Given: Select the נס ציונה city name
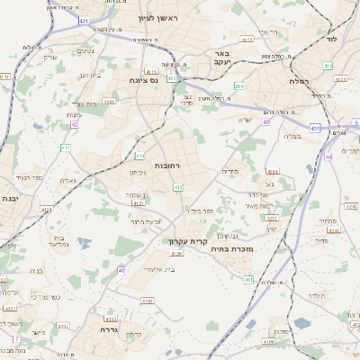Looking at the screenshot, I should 143,79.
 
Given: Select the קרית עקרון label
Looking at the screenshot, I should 187,240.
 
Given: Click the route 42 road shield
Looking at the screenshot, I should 74,125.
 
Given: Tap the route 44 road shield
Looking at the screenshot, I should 329,157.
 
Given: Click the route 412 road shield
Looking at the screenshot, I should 178,187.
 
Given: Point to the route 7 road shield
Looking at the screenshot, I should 15,338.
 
